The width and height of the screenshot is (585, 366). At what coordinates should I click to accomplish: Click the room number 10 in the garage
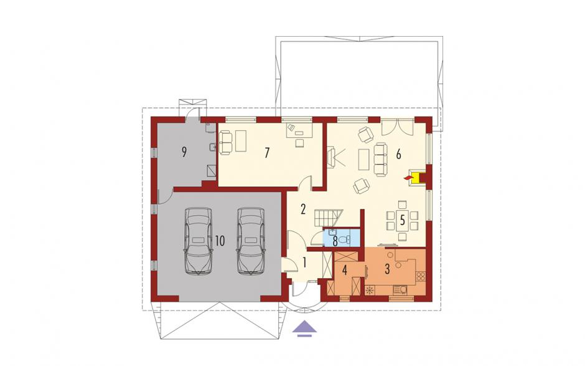pyautogui.click(x=220, y=241)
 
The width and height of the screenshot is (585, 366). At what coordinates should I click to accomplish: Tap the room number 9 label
pyautogui.click(x=184, y=152)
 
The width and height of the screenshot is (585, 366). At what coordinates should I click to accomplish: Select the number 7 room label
pyautogui.click(x=266, y=153)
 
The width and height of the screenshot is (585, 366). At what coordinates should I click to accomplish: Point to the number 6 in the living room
pyautogui.click(x=398, y=154)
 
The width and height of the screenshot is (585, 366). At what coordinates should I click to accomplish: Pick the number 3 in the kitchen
pyautogui.click(x=387, y=269)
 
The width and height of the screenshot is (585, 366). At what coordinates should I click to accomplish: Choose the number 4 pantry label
pyautogui.click(x=345, y=270)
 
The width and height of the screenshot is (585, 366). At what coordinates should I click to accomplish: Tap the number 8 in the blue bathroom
pyautogui.click(x=335, y=241)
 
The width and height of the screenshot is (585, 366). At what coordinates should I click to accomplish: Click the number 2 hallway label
pyautogui.click(x=303, y=209)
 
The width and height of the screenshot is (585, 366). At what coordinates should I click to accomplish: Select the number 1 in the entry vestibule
pyautogui.click(x=305, y=263)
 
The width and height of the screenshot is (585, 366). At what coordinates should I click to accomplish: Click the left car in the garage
pyautogui.click(x=199, y=241)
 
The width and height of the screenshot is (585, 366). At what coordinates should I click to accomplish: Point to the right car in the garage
pyautogui.click(x=251, y=241)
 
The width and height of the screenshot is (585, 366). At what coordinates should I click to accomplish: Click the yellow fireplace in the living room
pyautogui.click(x=416, y=178)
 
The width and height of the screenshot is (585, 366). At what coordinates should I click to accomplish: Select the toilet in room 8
pyautogui.click(x=347, y=239)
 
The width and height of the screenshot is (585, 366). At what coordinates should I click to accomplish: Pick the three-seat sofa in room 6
pyautogui.click(x=380, y=159)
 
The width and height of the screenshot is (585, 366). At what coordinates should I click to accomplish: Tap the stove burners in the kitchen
pyautogui.click(x=420, y=277)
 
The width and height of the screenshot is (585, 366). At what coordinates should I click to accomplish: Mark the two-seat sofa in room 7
pyautogui.click(x=226, y=142)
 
